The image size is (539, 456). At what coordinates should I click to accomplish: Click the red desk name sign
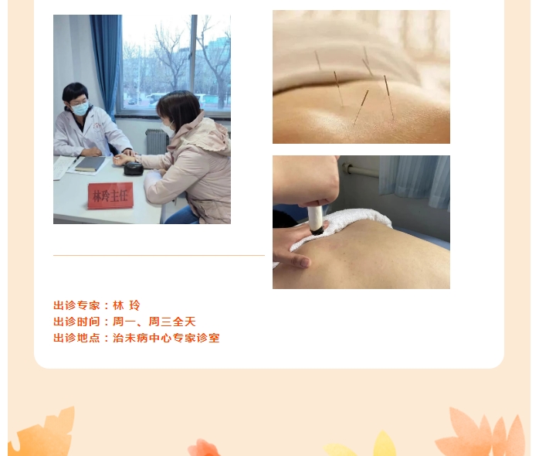coord(110,196)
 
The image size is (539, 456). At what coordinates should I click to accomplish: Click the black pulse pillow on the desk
coord(134,168)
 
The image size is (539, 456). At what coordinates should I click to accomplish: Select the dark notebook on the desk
coord(90,164)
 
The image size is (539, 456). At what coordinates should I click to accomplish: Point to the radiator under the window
coord(156,141)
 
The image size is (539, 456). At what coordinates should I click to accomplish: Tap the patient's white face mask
coord(167,129)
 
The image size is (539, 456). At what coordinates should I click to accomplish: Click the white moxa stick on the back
coord(315,220)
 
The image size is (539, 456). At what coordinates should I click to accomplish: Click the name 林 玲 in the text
coord(127,305)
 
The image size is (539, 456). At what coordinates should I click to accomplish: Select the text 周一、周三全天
coord(154,322)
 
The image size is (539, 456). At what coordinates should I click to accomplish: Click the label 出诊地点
coord(76,338)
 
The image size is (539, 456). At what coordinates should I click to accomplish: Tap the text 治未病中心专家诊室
coord(166,338)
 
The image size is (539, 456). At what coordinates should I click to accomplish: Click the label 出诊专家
coord(76,305)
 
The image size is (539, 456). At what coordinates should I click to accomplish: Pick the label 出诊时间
coord(76,322)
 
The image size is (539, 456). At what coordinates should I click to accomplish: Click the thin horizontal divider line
coord(159,255)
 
